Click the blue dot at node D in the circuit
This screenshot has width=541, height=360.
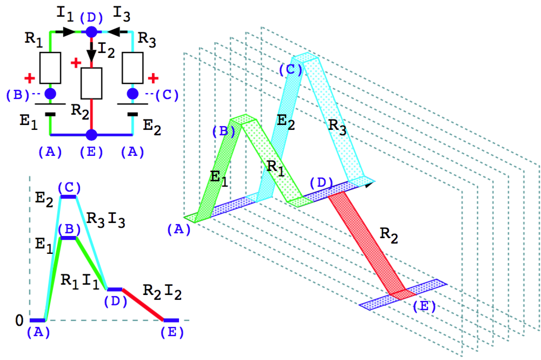91,32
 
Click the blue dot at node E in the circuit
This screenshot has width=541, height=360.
91,134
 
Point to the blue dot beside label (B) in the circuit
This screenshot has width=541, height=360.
50,94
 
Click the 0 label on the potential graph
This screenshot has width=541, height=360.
19,320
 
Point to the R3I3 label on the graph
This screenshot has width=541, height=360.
106,220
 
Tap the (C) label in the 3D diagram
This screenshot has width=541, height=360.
289,70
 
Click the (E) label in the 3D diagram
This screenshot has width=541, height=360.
423,306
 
